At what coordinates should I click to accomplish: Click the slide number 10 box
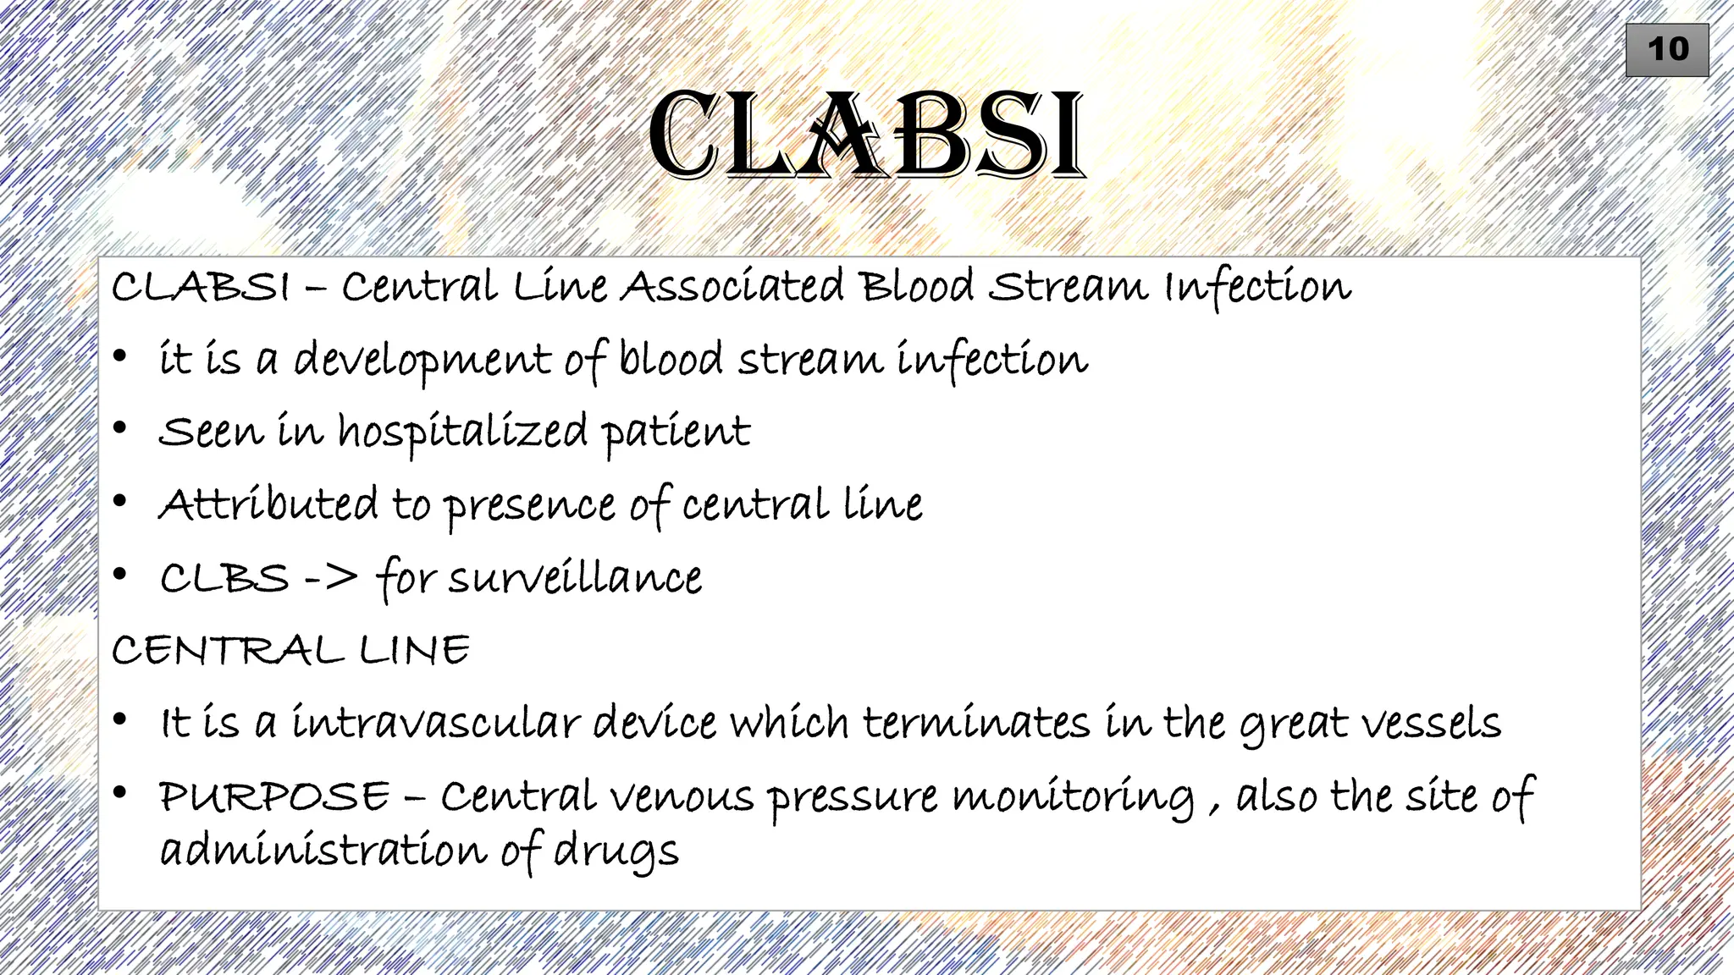(x=1666, y=50)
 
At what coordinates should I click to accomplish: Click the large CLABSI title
(x=866, y=135)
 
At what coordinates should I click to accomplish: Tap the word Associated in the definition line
(x=732, y=286)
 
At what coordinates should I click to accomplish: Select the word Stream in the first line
(x=1068, y=286)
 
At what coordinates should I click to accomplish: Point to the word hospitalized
(x=462, y=432)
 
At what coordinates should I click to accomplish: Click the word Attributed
(x=268, y=504)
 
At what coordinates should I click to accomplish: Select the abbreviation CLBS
(x=224, y=579)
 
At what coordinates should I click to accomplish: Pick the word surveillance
(x=575, y=579)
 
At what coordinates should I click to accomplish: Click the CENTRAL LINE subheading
(x=290, y=650)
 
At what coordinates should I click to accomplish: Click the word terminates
(x=976, y=724)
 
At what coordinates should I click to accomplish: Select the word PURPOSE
(x=274, y=796)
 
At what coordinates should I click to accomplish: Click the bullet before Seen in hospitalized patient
(x=120, y=429)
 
